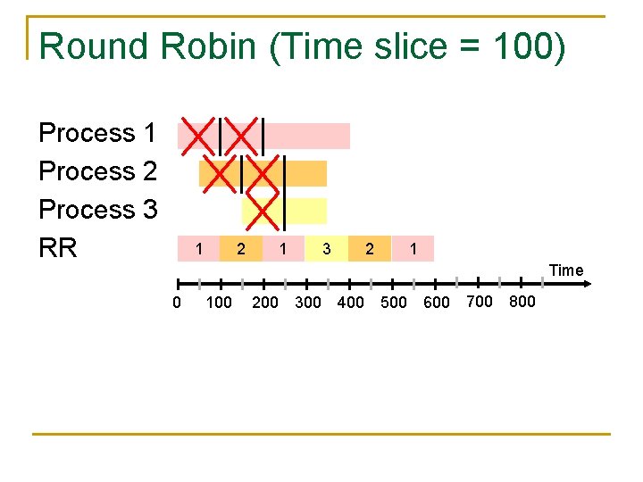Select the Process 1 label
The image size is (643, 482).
(98, 133)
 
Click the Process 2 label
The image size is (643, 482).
(98, 171)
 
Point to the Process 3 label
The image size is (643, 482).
(98, 210)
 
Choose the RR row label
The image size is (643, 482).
(59, 248)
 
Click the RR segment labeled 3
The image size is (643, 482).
(326, 249)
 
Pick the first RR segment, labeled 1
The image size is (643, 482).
(198, 247)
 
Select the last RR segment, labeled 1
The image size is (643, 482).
(413, 247)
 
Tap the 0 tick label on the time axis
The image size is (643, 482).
(177, 303)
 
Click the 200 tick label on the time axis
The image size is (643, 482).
(264, 303)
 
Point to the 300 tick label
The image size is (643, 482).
(307, 303)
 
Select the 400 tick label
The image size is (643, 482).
(350, 303)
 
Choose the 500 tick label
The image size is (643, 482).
(394, 303)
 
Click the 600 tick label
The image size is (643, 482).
(437, 303)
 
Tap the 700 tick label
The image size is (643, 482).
(480, 302)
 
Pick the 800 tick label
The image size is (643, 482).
(522, 302)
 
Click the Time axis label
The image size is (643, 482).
(565, 270)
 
